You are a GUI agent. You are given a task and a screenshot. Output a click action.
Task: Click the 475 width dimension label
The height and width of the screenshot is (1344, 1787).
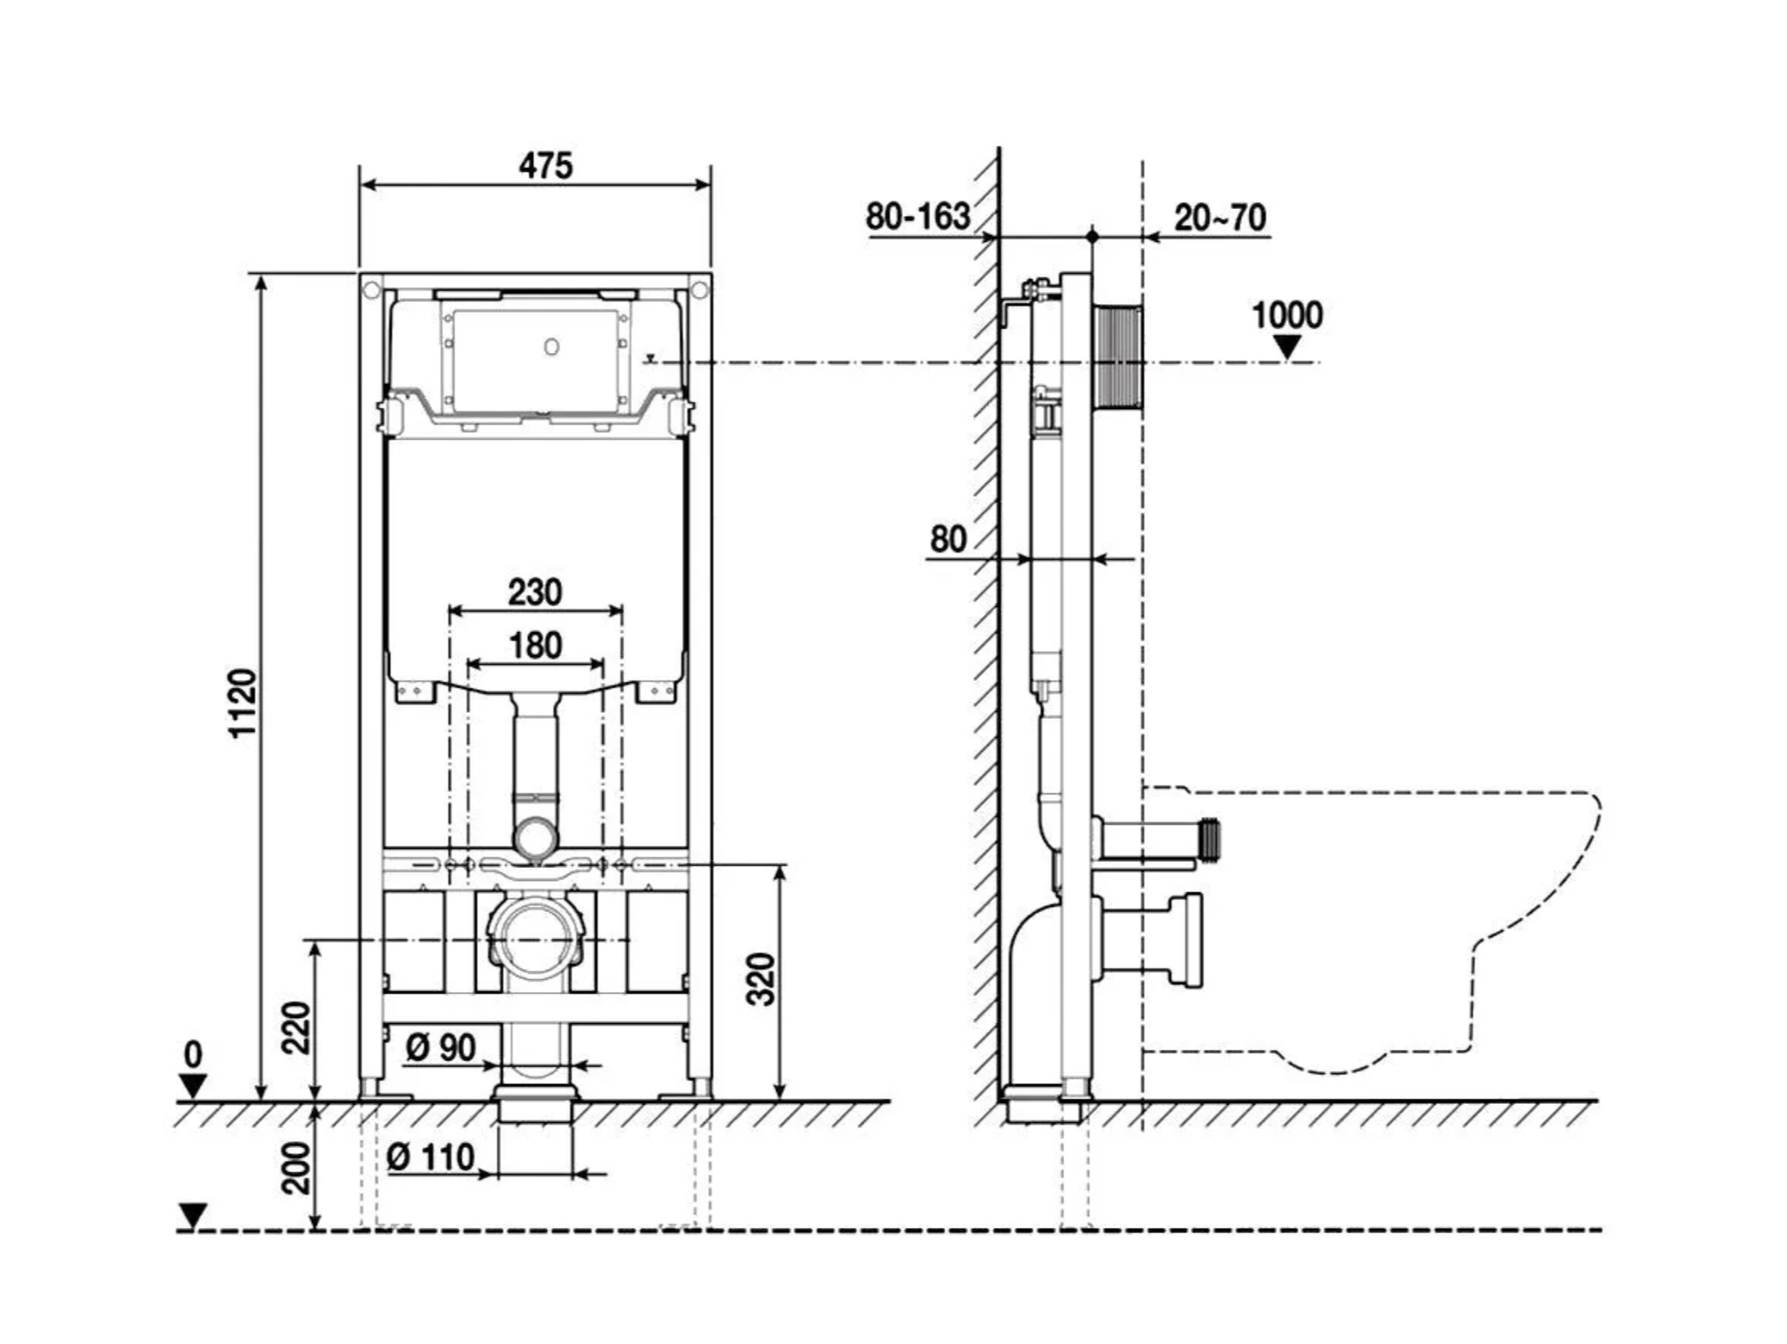(546, 165)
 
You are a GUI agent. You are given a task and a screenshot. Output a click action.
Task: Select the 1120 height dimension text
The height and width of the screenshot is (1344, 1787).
(242, 702)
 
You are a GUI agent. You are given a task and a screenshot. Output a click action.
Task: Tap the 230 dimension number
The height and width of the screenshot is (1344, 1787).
(534, 592)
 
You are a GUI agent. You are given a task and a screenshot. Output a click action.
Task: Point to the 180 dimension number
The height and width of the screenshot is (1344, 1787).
(535, 645)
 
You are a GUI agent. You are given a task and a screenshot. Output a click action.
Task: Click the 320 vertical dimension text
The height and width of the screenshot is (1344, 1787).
(761, 979)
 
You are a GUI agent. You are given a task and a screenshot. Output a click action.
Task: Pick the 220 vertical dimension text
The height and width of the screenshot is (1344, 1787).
(297, 1027)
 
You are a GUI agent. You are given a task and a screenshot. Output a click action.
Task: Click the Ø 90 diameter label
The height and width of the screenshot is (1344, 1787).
(441, 1047)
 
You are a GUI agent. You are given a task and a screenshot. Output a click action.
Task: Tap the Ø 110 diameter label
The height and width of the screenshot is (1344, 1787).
(431, 1157)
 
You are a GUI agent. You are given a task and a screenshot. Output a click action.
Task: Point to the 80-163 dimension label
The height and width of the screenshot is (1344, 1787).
(918, 216)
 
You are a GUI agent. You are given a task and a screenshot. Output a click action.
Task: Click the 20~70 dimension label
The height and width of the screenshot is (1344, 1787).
(1220, 217)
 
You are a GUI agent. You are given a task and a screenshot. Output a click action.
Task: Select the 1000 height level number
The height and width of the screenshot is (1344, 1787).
(1286, 315)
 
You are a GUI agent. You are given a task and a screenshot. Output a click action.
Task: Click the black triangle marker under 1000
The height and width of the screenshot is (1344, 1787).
(1287, 347)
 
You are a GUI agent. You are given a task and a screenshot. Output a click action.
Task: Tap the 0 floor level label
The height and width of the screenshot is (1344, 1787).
(193, 1055)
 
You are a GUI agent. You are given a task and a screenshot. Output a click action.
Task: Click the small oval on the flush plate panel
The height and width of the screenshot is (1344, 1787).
(552, 347)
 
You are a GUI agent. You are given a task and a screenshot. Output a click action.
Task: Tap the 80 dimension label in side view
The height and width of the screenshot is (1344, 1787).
(947, 539)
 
